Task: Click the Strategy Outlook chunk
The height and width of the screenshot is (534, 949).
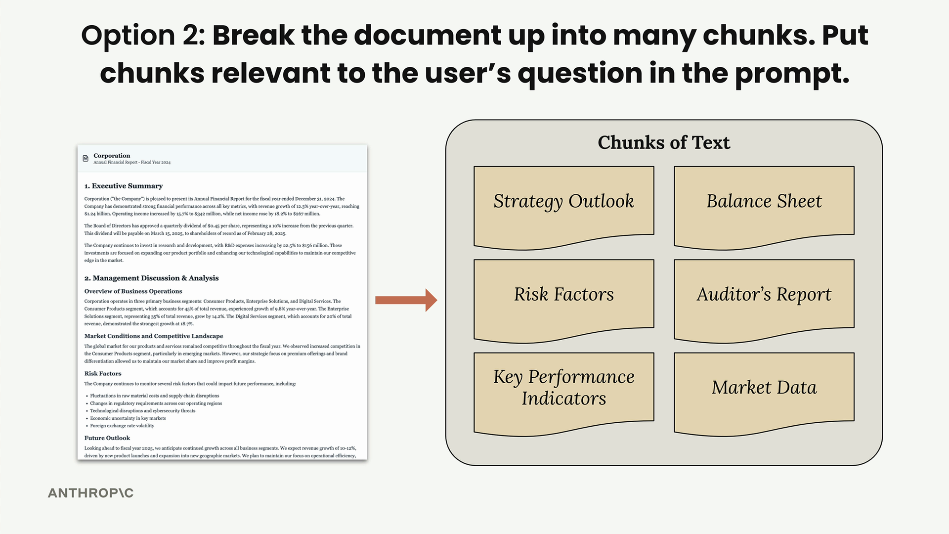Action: [563, 205]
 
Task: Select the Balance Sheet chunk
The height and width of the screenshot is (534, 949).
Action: [764, 205]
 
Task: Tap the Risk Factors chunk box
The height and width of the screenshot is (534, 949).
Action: [563, 299]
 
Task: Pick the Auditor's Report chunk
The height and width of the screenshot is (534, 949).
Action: [764, 299]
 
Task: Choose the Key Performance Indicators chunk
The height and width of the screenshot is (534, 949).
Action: [563, 392]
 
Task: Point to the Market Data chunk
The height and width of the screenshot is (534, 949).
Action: [764, 392]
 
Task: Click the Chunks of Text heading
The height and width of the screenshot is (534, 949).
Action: [664, 142]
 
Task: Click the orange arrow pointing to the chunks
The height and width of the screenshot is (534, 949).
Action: [406, 300]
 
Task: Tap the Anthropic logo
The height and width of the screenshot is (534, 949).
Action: [90, 493]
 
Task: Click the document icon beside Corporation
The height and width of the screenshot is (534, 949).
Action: [86, 158]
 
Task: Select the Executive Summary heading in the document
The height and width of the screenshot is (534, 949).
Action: [124, 186]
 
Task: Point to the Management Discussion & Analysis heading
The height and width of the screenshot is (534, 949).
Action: [151, 278]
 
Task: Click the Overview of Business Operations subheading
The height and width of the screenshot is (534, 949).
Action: [133, 291]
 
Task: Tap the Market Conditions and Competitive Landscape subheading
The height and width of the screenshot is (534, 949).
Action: [154, 336]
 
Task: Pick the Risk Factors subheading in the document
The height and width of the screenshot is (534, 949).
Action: [103, 374]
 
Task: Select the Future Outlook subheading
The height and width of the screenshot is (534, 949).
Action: [107, 438]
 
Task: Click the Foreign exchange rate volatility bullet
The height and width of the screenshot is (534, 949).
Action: [122, 426]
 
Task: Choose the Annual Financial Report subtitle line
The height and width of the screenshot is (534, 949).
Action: [132, 162]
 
